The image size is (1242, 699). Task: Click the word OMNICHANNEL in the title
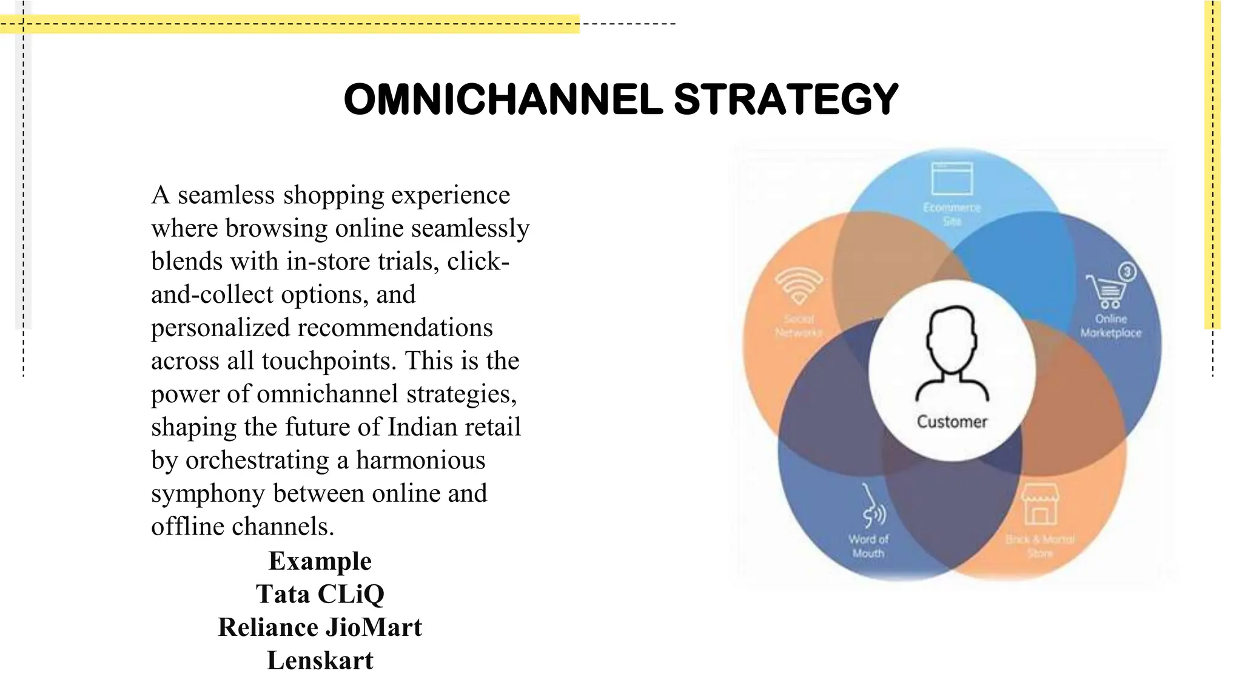(x=503, y=100)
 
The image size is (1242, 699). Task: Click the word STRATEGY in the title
(x=785, y=100)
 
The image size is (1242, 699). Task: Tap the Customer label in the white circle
(x=952, y=422)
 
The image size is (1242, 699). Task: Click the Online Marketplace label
(x=1110, y=326)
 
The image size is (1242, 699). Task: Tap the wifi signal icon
(x=799, y=286)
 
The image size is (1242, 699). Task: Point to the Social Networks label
(x=799, y=326)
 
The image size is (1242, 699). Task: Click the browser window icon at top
(x=952, y=178)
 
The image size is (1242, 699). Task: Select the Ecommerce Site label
(x=952, y=214)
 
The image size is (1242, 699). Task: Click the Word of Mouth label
(x=868, y=546)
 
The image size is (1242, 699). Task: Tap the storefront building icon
(x=1040, y=504)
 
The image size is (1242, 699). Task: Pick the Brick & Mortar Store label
(x=1040, y=545)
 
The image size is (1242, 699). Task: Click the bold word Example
(x=320, y=561)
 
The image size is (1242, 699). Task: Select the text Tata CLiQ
(x=320, y=594)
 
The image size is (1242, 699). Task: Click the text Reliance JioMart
(x=320, y=627)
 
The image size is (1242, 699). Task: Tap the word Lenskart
(x=320, y=661)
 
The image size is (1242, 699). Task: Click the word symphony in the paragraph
(x=207, y=494)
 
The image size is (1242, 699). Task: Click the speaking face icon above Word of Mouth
(x=873, y=507)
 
